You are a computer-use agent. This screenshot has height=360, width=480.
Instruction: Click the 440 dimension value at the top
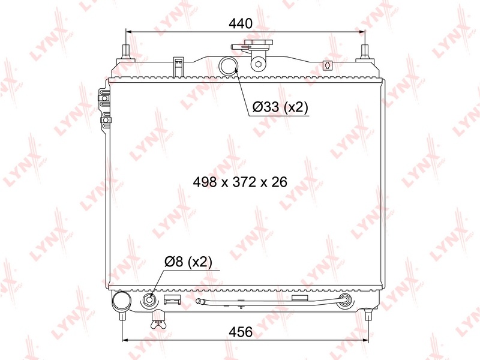[241, 23]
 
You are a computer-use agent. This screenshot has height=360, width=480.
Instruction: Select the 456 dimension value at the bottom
[241, 332]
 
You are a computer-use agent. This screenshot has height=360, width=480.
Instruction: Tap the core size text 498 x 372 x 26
[240, 182]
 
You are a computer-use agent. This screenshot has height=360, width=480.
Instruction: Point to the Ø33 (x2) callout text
[280, 107]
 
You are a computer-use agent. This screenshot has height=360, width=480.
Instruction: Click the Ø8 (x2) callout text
[188, 262]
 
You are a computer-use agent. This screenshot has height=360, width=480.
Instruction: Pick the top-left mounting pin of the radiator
[126, 52]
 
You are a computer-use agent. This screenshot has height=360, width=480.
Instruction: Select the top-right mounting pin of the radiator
[365, 52]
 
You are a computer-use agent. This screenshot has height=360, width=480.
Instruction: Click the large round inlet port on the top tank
[229, 66]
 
